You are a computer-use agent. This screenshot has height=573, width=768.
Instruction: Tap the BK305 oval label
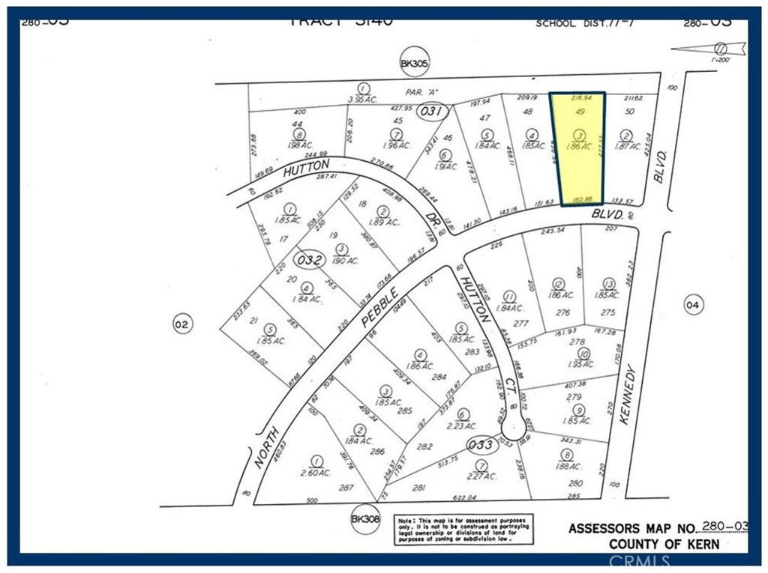414,65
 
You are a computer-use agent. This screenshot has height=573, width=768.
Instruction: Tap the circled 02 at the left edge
181,324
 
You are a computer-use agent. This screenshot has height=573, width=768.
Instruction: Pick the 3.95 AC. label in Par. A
362,98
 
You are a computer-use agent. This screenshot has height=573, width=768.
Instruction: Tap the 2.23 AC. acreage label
463,425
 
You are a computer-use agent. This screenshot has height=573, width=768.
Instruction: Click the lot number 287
346,487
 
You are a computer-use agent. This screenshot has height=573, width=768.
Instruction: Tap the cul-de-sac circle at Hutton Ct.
514,428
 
